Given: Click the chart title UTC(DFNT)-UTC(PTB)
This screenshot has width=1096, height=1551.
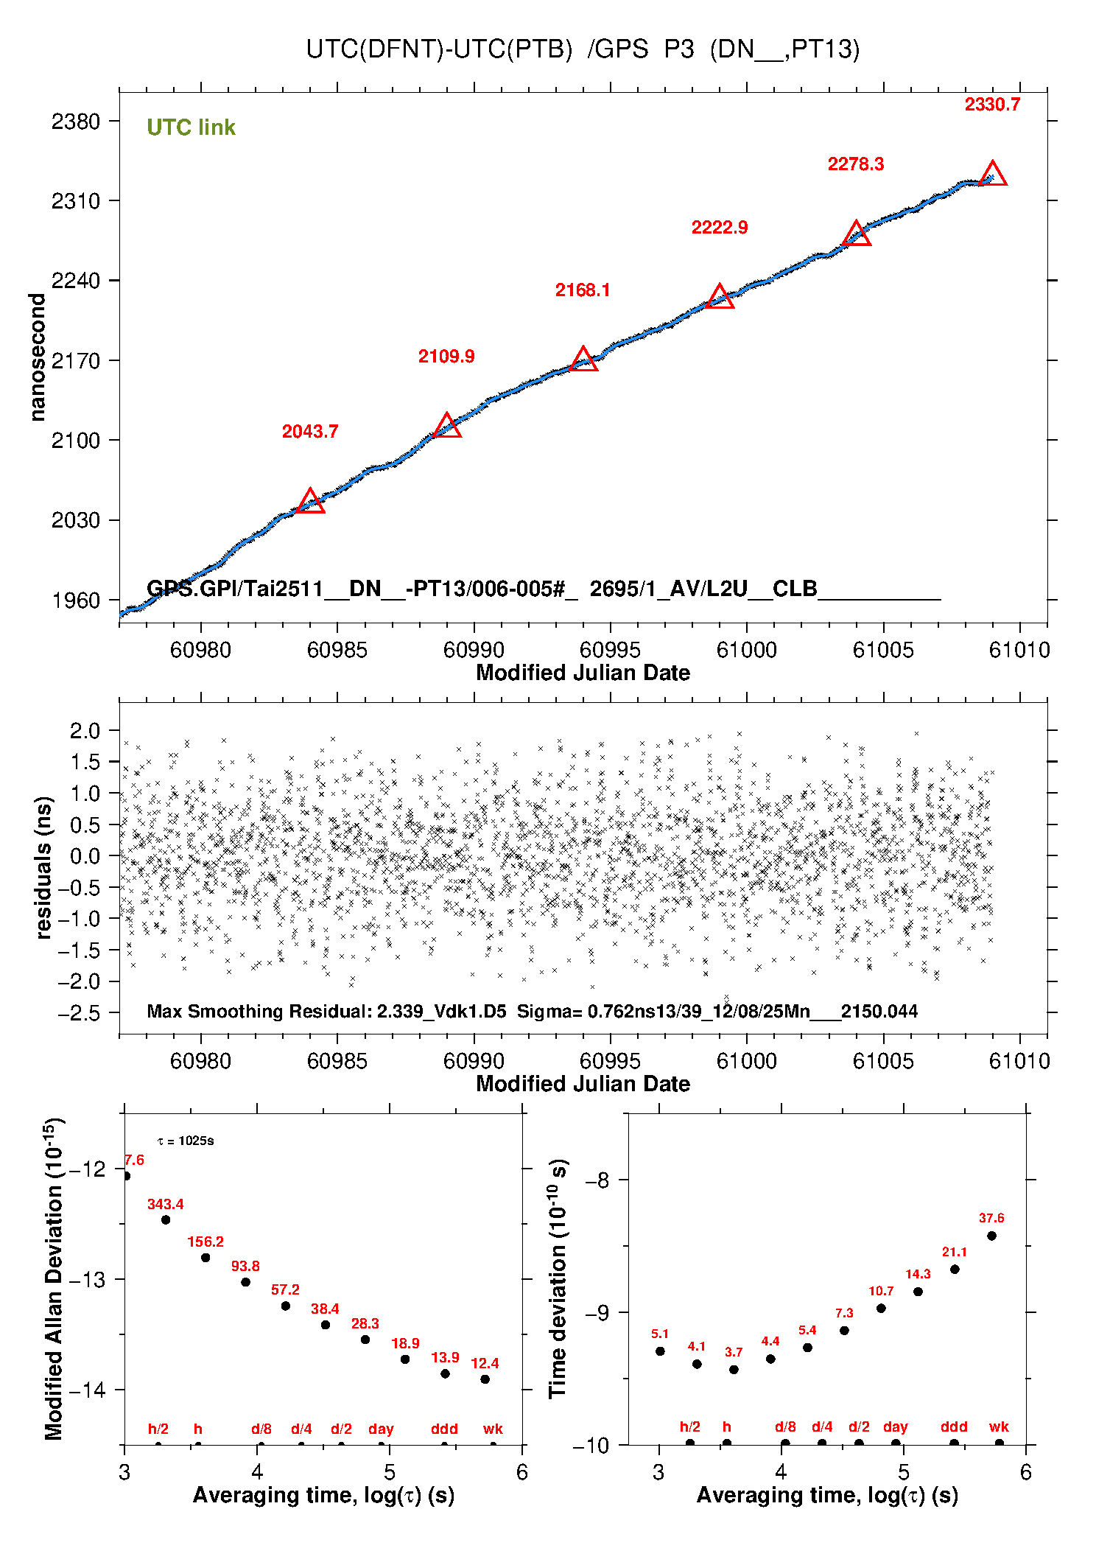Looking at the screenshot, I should [x=439, y=49].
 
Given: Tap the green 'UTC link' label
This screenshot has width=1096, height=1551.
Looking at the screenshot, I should [x=191, y=127].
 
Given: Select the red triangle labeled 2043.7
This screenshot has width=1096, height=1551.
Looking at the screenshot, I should [x=310, y=502].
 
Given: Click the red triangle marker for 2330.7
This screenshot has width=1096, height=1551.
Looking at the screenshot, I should [x=993, y=175].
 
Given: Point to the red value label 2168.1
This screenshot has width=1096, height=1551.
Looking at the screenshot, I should [x=583, y=290].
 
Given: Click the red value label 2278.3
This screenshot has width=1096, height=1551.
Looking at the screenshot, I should [x=855, y=164].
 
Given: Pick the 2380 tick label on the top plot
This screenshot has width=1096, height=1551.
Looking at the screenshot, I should [x=75, y=122].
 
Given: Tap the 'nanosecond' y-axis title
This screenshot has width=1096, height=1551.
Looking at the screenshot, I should [x=37, y=357].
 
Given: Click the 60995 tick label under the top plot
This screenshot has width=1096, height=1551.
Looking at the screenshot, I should [x=610, y=650].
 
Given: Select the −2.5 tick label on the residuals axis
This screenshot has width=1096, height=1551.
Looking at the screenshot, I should [x=79, y=1014].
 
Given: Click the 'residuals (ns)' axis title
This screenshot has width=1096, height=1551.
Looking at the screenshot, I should [x=43, y=867].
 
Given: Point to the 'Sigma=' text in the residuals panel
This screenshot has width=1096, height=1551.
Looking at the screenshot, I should [x=541, y=1012].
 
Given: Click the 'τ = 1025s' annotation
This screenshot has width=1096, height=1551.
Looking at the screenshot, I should [x=186, y=1141].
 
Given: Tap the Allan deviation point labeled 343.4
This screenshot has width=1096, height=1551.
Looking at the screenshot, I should [x=166, y=1219].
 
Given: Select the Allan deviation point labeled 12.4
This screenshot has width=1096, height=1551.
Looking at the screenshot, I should [x=485, y=1379].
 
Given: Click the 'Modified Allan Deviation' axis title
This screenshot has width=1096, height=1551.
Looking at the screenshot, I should [x=54, y=1278].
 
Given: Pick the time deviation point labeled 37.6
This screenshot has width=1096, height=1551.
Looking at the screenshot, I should [x=991, y=1236].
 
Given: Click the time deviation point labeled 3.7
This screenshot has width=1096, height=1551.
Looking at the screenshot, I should [x=734, y=1370].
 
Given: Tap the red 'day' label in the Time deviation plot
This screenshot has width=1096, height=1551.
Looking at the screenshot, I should [x=895, y=1427].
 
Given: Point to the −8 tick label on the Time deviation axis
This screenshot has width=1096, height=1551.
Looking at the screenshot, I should [x=597, y=1180].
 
